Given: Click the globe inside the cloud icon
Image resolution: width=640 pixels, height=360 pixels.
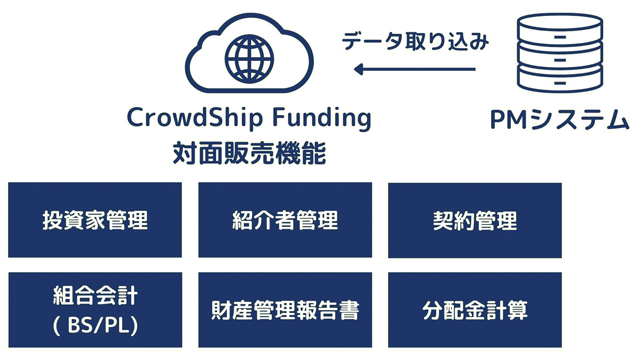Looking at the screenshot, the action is point(249,58).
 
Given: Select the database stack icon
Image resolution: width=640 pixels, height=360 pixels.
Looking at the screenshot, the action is point(560,53).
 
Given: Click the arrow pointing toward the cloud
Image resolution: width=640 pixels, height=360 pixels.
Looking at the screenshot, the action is point(415,69).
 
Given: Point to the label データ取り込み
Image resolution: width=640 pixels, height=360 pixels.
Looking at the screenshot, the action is point(415,41).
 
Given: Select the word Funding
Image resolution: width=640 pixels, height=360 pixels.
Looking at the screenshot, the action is point(322,118).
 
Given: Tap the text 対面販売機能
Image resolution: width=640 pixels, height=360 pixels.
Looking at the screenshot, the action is point(249,153).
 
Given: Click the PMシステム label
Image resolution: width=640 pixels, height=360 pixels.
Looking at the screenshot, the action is point(559,120).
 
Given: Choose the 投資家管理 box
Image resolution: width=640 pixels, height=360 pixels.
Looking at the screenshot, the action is point(95,220).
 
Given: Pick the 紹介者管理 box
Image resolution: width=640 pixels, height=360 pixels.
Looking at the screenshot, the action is point(285,220).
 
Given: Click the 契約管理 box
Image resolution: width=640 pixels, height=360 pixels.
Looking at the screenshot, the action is point(475,220).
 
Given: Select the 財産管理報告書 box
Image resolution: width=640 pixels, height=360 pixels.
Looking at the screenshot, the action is point(285,310).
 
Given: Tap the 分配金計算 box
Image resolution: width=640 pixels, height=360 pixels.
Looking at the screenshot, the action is point(475,310).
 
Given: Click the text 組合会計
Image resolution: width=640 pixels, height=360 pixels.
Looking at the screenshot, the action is point(95,295).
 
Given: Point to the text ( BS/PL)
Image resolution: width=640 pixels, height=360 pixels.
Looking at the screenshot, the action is point(95,325).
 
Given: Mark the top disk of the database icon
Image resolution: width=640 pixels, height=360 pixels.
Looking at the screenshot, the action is point(560,28).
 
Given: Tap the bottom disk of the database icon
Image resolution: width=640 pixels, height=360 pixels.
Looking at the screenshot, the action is point(560,80).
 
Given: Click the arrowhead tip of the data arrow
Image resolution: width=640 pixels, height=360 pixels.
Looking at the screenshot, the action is point(354,69).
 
